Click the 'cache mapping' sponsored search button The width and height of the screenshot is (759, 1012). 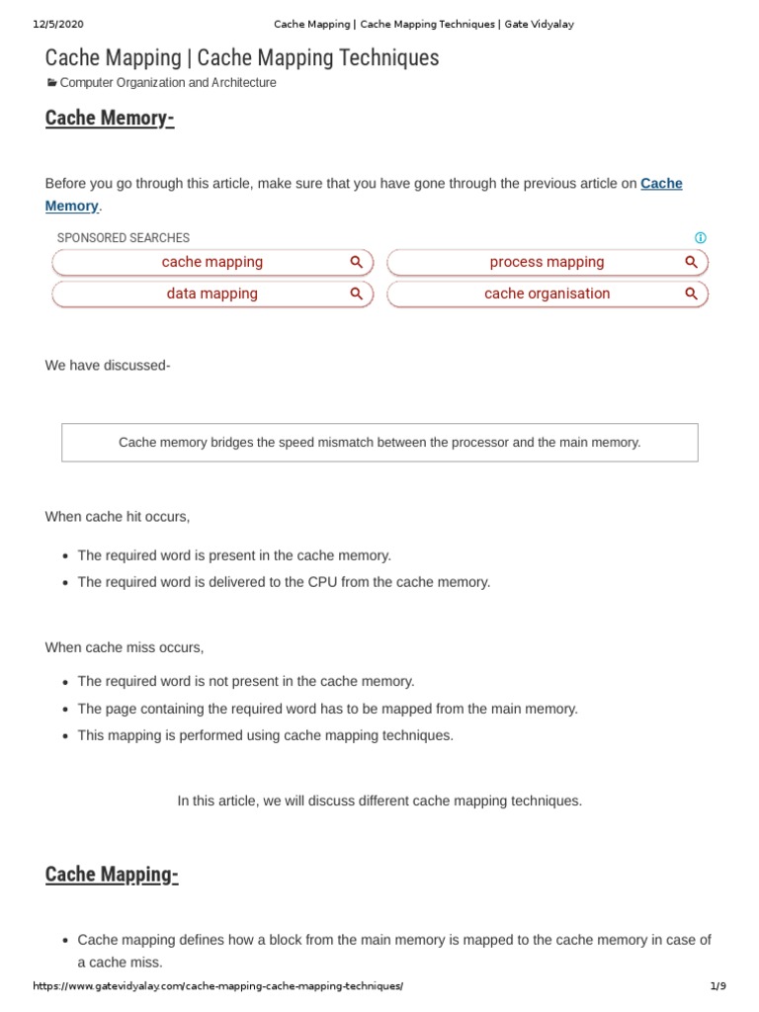(212, 262)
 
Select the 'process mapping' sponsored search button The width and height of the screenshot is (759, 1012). (547, 262)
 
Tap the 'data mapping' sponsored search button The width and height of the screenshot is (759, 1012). (212, 294)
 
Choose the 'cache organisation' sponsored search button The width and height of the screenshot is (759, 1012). (547, 294)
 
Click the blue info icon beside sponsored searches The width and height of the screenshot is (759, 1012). (701, 238)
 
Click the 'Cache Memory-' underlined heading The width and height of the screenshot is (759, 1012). (110, 119)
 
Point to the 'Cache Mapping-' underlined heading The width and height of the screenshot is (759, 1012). (112, 875)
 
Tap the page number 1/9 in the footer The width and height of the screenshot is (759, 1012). (717, 986)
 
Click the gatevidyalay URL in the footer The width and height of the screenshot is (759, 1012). (218, 986)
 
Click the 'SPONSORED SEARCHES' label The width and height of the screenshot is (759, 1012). (124, 238)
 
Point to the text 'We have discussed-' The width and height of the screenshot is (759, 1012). (108, 366)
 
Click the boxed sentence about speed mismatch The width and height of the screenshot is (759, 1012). (379, 443)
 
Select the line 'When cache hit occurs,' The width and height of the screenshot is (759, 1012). (118, 517)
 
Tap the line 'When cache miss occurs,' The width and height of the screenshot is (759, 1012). (125, 647)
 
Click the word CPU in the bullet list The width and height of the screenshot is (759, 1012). (354, 582)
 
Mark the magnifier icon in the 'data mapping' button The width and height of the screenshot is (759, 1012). (357, 294)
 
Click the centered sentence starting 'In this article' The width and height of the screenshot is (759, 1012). (379, 801)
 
